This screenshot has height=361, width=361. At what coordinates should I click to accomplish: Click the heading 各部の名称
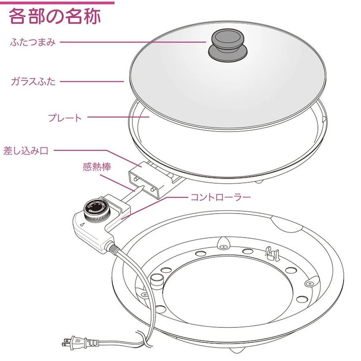[x=55, y=16]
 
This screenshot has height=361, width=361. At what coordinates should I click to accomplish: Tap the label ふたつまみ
[x=33, y=43]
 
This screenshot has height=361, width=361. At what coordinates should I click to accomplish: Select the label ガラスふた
[x=33, y=81]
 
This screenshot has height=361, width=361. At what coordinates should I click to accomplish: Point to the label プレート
[x=65, y=118]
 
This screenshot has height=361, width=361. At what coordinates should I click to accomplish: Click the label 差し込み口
[x=26, y=151]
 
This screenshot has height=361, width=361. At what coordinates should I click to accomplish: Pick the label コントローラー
[x=221, y=197]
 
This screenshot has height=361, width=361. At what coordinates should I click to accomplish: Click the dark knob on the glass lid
[x=227, y=45]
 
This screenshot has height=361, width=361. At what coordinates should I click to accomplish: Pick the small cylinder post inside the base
[x=156, y=281]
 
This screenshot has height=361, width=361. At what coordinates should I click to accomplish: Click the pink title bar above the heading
[x=57, y=3]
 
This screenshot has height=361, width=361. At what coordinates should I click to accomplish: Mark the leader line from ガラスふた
[x=92, y=81]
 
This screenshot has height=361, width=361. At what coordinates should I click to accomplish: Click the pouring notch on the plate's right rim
[x=324, y=119]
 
